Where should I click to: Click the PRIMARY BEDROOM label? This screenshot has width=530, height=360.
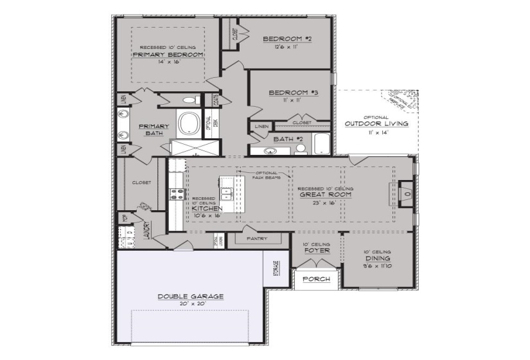tap(168, 55)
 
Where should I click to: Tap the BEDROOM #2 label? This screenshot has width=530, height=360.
tap(287, 39)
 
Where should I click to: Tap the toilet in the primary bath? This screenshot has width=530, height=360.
tap(188, 100)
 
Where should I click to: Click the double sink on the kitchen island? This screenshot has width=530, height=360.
tap(225, 194)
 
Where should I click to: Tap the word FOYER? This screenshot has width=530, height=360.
tap(317, 251)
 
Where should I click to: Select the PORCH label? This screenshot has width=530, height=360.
tap(317, 279)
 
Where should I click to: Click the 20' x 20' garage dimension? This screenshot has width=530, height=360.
tap(191, 303)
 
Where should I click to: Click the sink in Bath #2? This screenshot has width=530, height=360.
tap(269, 151)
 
